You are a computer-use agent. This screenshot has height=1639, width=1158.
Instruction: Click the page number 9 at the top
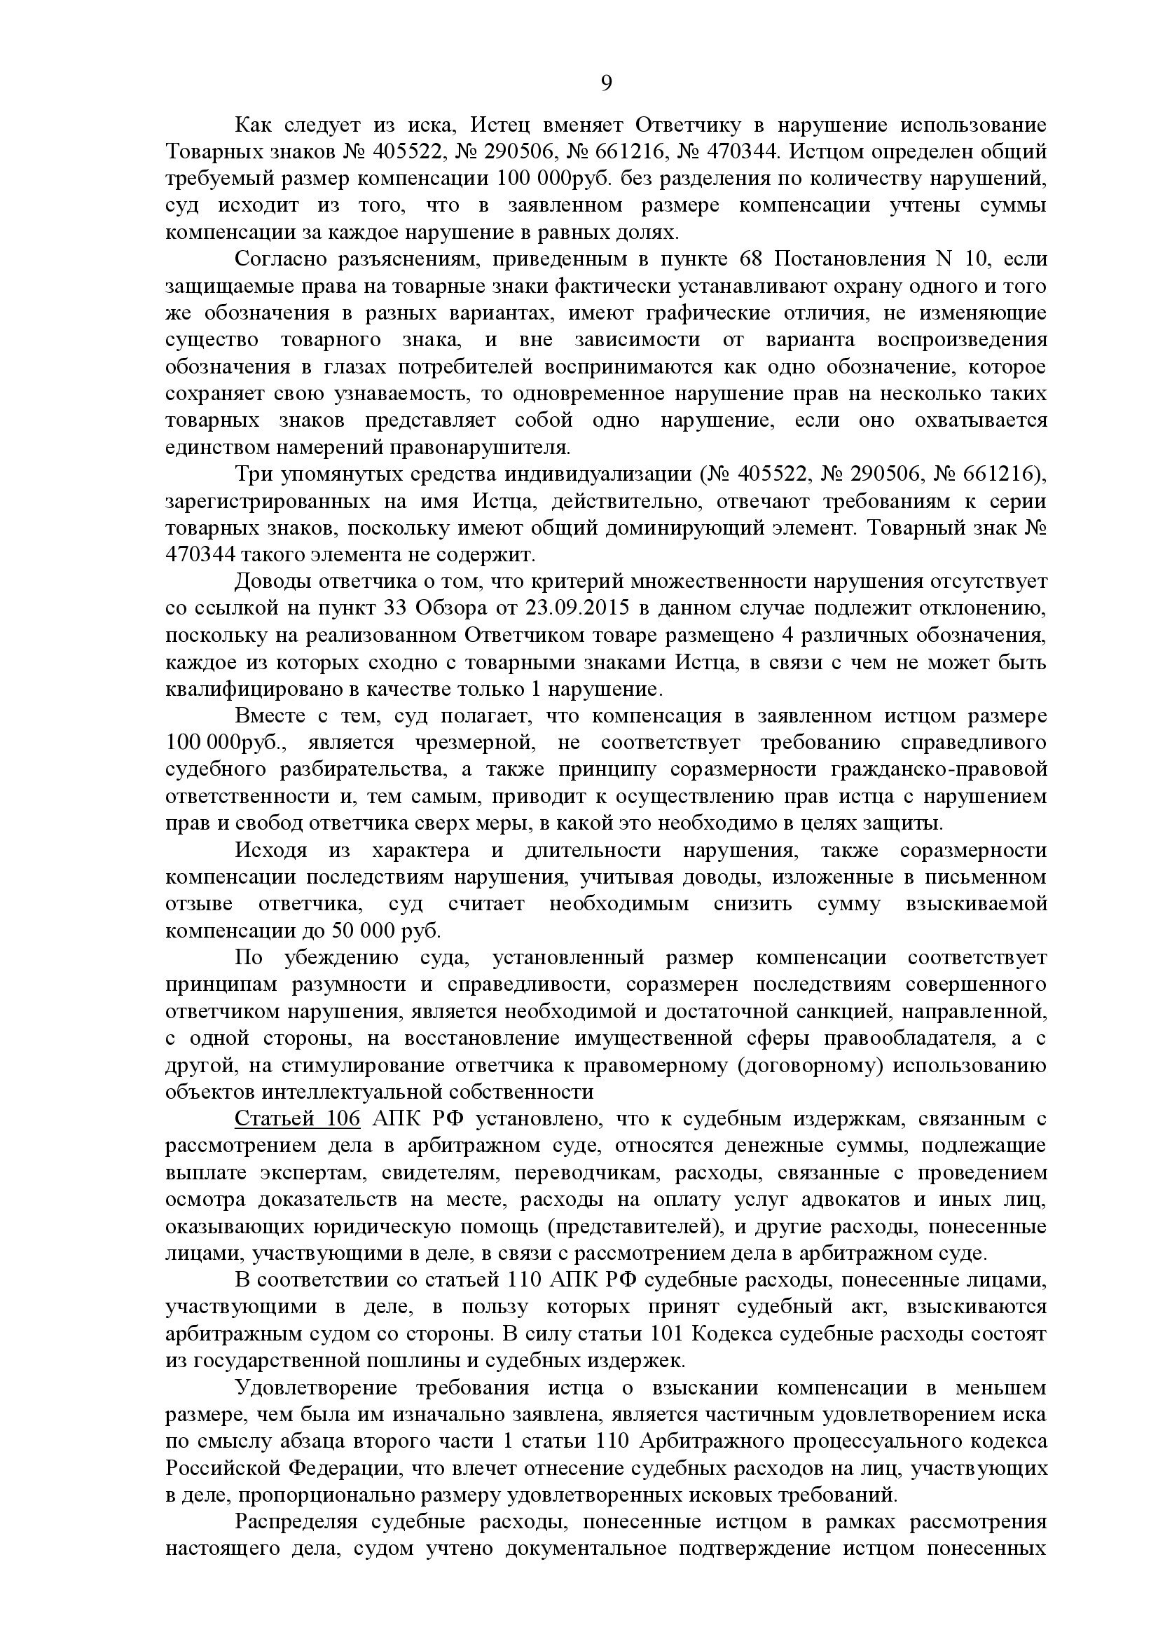606,84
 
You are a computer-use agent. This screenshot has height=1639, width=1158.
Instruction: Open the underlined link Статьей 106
297,1118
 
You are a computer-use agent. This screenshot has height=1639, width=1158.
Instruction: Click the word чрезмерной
474,743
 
